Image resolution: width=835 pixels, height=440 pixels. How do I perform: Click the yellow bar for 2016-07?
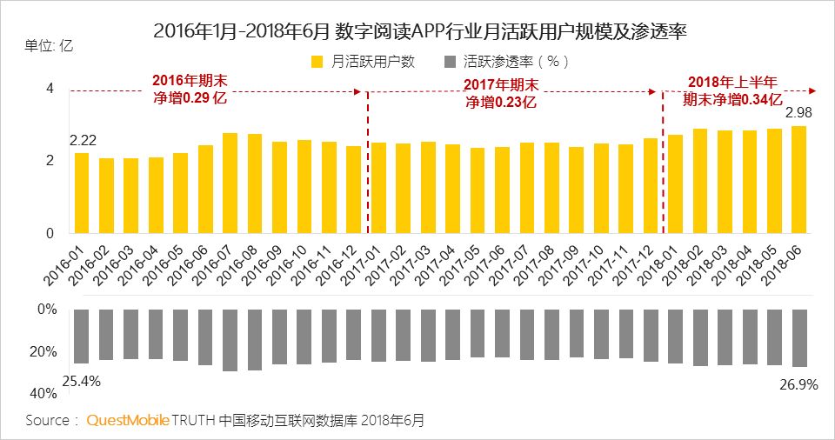tap(230, 183)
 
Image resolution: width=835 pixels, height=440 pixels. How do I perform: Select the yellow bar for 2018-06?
tap(798, 180)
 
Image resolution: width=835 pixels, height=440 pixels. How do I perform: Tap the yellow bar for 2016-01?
tap(82, 193)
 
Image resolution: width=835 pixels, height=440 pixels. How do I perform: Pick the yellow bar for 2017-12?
tap(651, 186)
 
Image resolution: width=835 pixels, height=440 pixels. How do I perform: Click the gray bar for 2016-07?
tap(230, 340)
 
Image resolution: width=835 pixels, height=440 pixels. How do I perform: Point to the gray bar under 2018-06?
tap(798, 337)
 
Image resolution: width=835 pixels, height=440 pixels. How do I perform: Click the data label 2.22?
tap(83, 140)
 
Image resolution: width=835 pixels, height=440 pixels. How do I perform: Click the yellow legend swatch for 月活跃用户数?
tap(317, 62)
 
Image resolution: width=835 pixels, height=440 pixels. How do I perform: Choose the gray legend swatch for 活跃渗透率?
tap(450, 62)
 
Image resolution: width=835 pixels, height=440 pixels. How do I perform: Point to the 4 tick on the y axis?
tap(50, 89)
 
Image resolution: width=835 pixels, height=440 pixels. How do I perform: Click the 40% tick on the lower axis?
tap(44, 394)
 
